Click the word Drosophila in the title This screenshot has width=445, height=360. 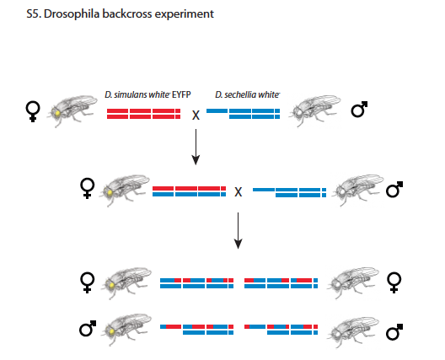[x=72, y=14]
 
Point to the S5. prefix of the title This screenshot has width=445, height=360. [x=34, y=14]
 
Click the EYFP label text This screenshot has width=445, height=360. [x=181, y=94]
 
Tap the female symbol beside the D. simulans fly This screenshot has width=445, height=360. [x=33, y=111]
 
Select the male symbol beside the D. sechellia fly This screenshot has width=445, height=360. [x=359, y=109]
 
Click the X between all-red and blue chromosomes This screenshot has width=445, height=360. [x=196, y=116]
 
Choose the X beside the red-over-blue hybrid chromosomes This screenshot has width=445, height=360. [x=239, y=192]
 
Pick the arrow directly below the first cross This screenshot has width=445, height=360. [x=196, y=147]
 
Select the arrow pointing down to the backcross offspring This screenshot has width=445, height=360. [x=239, y=230]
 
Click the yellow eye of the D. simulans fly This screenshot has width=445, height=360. [x=57, y=113]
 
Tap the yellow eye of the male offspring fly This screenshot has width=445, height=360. [x=111, y=331]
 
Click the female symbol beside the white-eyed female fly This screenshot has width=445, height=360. [x=394, y=282]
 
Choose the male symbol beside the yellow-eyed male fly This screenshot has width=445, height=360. [x=88, y=329]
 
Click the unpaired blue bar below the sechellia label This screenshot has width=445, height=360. [x=217, y=110]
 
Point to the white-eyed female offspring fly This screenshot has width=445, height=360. [x=352, y=282]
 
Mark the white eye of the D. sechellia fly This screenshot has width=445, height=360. [x=299, y=113]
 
